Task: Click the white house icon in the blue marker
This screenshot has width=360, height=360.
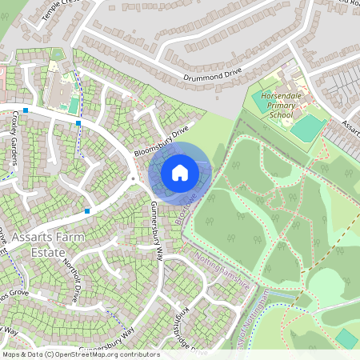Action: pyautogui.click(x=180, y=172)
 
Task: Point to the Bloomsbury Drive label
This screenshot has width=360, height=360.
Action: pyautogui.click(x=160, y=140)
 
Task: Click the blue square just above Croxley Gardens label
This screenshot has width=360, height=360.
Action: pyautogui.click(x=26, y=110)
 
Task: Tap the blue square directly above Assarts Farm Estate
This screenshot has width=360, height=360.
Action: pyautogui.click(x=86, y=210)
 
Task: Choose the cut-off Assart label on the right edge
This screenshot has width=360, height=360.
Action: pyautogui.click(x=350, y=127)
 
